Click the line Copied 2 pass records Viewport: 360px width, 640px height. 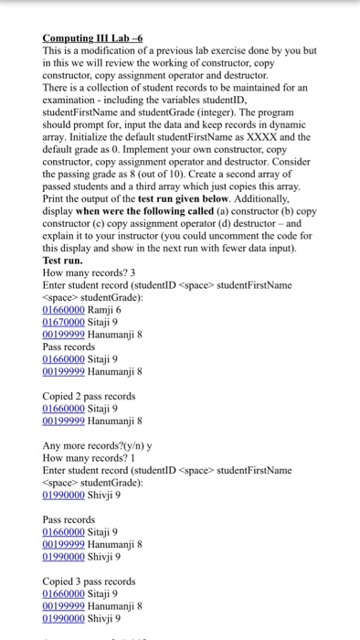point(89,396)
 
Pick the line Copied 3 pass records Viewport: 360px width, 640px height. point(89,581)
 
